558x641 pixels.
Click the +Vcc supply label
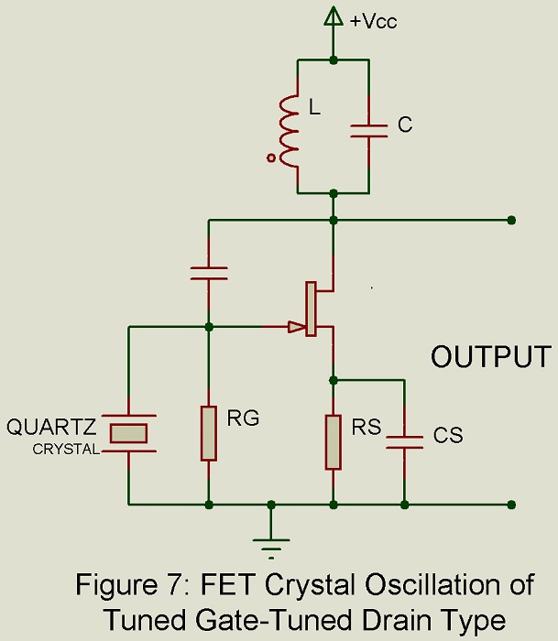(x=373, y=21)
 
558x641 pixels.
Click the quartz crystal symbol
(x=129, y=432)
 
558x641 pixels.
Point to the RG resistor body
(x=210, y=432)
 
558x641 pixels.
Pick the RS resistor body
(x=334, y=441)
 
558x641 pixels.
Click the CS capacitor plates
(x=404, y=441)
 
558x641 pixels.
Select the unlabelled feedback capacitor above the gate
(x=210, y=272)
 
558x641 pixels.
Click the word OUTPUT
(x=491, y=357)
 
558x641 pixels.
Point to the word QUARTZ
(x=51, y=428)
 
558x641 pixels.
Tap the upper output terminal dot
(x=510, y=220)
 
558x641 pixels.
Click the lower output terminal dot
(x=510, y=504)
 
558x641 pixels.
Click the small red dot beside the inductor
(x=271, y=158)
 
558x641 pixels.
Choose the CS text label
(x=448, y=436)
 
